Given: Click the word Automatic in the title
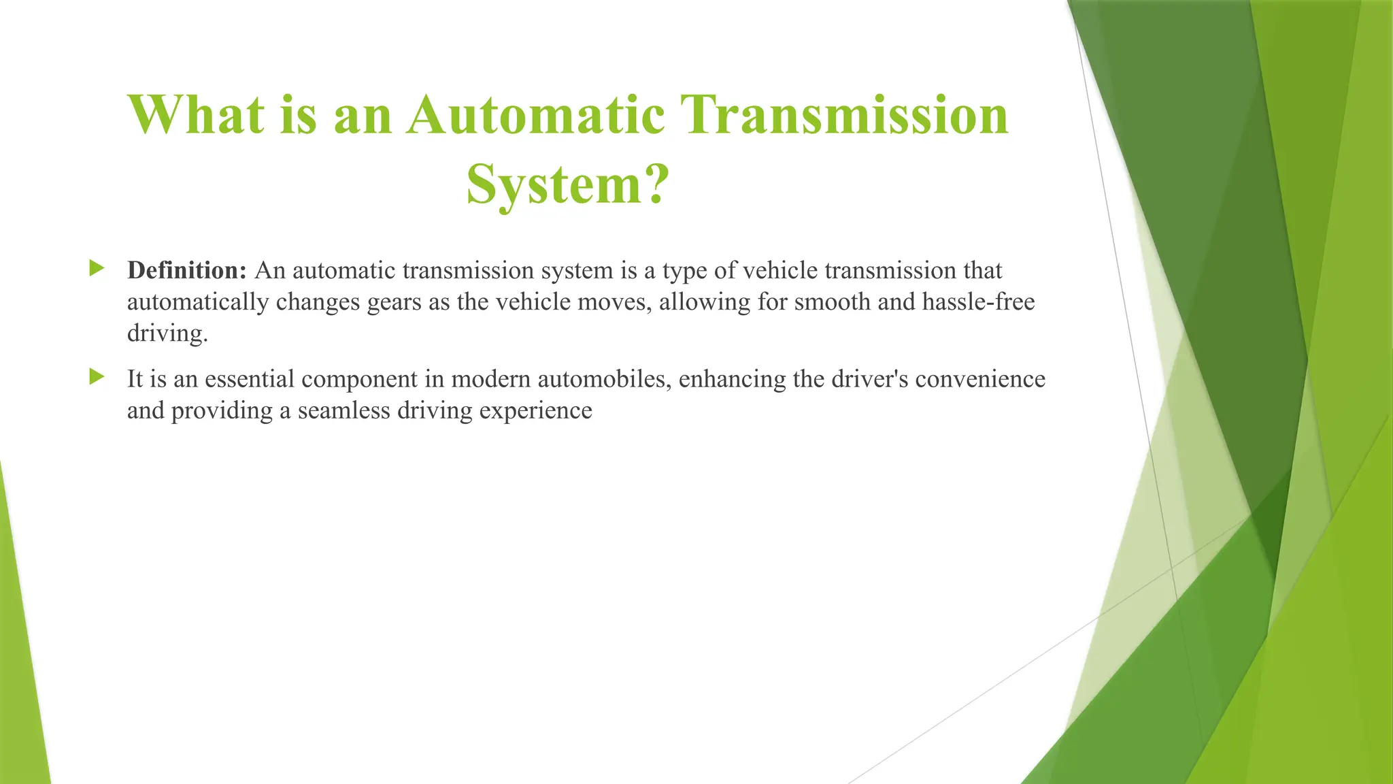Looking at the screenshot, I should tap(536, 114).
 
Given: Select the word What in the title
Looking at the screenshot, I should tap(196, 114).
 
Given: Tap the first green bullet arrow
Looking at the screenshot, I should tap(97, 268).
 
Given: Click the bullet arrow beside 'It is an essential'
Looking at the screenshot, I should tap(97, 376).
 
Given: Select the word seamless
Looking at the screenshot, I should tap(343, 410).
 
